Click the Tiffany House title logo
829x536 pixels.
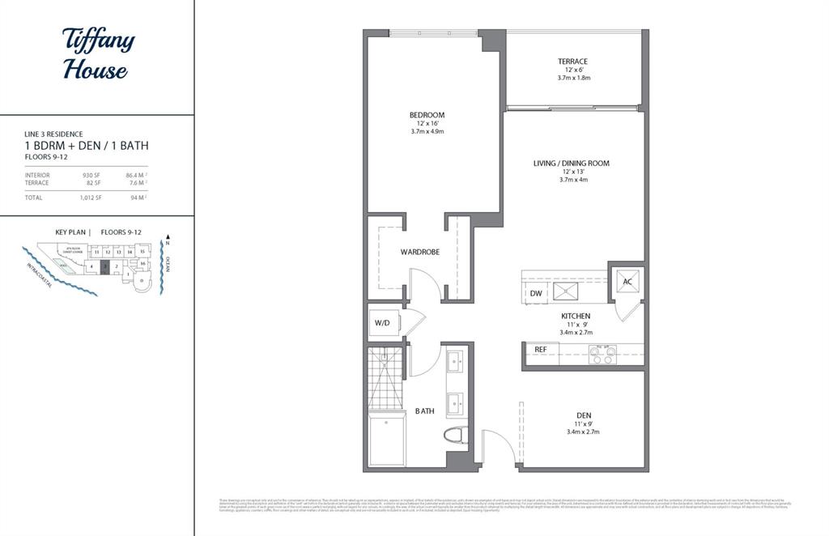pos(97,53)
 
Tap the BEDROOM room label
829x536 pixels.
pos(427,116)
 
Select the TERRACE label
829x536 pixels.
pos(572,62)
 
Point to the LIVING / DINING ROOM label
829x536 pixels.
pos(571,164)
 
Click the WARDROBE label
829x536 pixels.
pos(419,252)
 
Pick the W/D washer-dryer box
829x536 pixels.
pos(383,323)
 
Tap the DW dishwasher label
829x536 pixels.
pos(536,294)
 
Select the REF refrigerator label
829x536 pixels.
pos(541,349)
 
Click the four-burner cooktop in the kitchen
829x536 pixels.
pos(602,354)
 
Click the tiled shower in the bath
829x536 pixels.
pos(387,379)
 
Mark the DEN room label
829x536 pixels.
pos(583,415)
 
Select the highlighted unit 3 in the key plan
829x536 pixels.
pos(104,266)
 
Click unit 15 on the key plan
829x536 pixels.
pos(142,252)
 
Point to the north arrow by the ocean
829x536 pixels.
pos(166,240)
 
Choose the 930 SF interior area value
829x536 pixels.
pos(91,175)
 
